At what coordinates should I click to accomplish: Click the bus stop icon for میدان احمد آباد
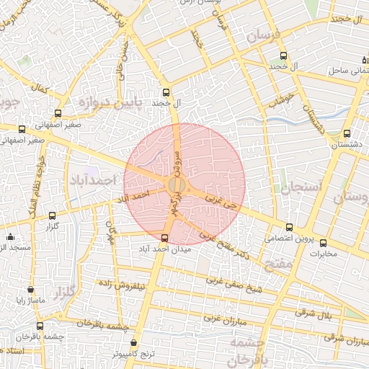click(165, 238)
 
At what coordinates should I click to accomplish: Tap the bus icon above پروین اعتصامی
click(290, 227)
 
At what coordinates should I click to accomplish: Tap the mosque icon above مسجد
click(10, 236)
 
